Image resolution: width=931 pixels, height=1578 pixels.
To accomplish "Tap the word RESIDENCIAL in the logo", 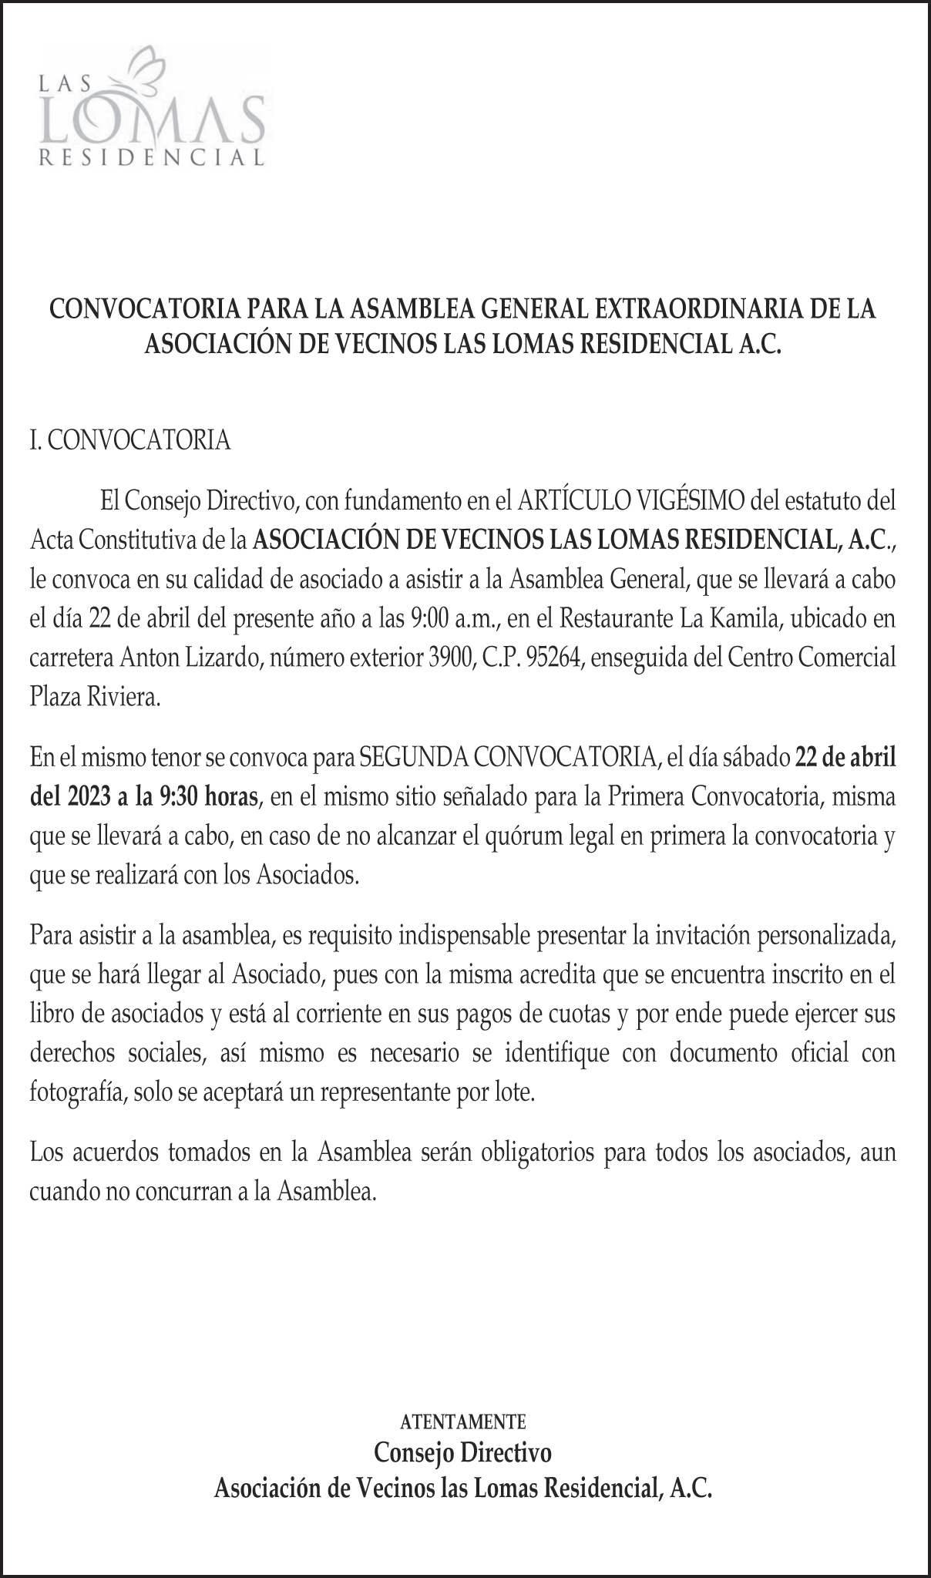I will (152, 158).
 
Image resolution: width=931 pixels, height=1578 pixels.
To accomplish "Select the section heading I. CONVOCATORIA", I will (130, 440).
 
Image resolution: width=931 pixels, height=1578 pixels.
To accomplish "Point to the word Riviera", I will (124, 698).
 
